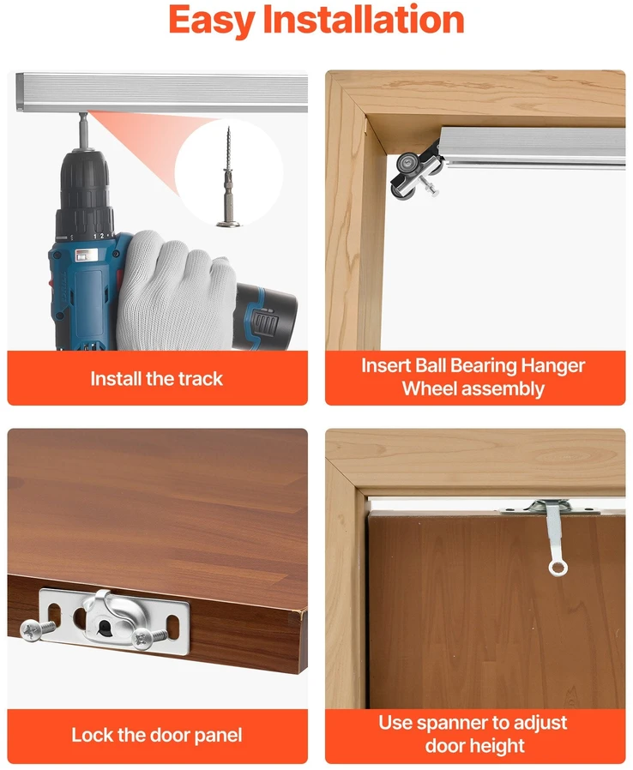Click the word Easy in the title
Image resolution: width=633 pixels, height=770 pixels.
(211, 21)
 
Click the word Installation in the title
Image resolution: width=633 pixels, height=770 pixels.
(364, 19)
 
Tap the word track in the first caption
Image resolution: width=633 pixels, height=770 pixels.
(200, 379)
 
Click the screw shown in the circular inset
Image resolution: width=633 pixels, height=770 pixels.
(228, 177)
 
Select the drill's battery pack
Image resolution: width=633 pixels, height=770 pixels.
(264, 316)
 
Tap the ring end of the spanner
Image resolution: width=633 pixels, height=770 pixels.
(558, 568)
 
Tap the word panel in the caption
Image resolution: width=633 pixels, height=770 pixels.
(218, 736)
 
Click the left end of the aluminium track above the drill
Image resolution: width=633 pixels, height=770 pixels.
(19, 93)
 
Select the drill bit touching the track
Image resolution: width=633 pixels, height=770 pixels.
(83, 129)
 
